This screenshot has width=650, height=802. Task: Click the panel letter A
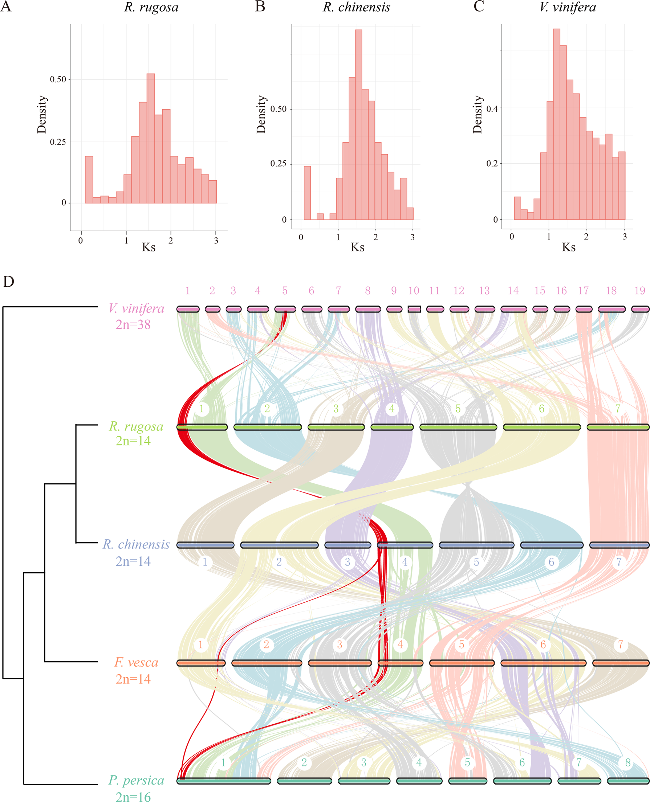pyautogui.click(x=6, y=7)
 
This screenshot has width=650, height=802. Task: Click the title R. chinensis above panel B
pyautogui.click(x=357, y=8)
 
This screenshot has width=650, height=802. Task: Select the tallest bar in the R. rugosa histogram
pyautogui.click(x=151, y=139)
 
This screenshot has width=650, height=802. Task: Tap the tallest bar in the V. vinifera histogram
pyautogui.click(x=556, y=123)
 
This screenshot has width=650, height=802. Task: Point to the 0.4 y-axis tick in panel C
pyautogui.click(x=492, y=109)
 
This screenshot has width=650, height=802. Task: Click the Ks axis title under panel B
pyautogui.click(x=357, y=247)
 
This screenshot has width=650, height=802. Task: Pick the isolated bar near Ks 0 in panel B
pyautogui.click(x=307, y=193)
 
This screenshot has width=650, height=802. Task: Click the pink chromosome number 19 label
pyautogui.click(x=639, y=291)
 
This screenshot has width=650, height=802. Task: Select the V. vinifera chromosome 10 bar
pyautogui.click(x=414, y=309)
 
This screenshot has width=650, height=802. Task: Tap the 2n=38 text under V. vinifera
pyautogui.click(x=133, y=324)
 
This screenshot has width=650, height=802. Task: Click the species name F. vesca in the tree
pyautogui.click(x=136, y=662)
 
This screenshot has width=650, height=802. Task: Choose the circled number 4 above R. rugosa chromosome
pyautogui.click(x=392, y=409)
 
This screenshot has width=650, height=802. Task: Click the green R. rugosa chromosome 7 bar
pyautogui.click(x=618, y=427)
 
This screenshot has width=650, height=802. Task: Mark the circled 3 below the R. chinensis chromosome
pyautogui.click(x=348, y=562)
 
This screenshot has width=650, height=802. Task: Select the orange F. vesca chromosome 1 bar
pyautogui.click(x=201, y=663)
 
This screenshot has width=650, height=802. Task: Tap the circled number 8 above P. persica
pyautogui.click(x=627, y=762)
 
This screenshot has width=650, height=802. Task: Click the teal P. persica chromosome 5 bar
pyautogui.click(x=467, y=781)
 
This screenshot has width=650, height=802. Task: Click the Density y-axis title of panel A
pyautogui.click(x=42, y=115)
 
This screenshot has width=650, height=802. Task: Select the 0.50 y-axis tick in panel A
pyautogui.click(x=58, y=79)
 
